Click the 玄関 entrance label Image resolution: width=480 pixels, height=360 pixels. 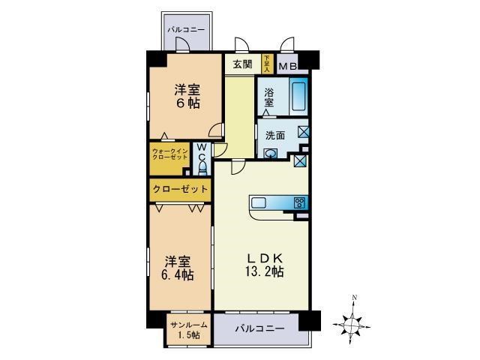241,64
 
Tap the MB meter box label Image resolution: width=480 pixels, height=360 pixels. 287,66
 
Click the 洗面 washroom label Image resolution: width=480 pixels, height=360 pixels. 274,136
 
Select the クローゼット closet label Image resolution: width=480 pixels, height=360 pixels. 180,190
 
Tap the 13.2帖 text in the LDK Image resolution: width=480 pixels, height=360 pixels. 263,271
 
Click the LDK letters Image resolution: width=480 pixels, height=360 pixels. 263,256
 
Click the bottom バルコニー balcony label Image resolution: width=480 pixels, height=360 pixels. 259,328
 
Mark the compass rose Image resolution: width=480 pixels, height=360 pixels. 353,323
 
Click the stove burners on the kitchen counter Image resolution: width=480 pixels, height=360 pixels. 300,202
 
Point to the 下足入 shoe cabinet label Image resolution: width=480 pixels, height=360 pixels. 266,64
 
